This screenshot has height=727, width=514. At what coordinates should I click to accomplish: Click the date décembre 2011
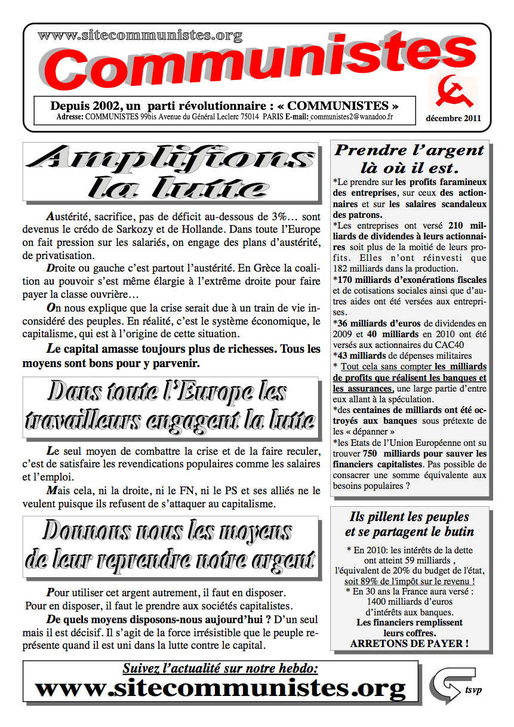(x=453, y=118)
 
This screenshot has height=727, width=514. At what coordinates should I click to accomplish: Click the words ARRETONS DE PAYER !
(x=409, y=643)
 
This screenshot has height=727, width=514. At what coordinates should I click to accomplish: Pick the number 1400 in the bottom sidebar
(x=381, y=602)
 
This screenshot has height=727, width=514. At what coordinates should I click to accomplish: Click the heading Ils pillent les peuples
(x=409, y=517)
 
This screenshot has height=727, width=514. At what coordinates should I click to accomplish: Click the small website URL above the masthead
(x=140, y=35)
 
